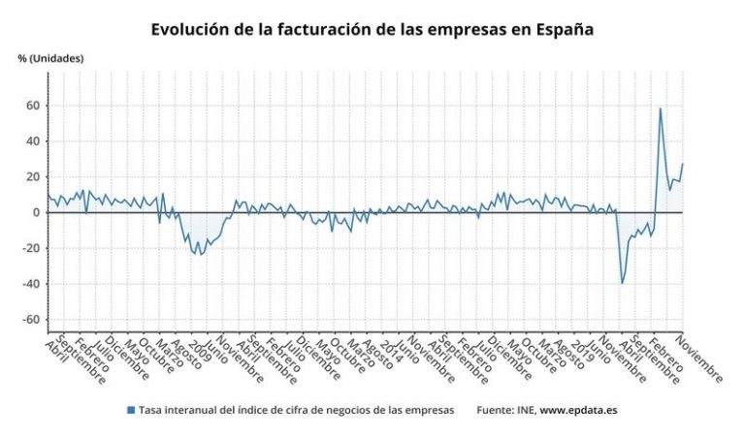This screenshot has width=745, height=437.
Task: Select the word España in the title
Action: (x=560, y=30)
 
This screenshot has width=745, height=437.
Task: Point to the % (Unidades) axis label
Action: (x=50, y=58)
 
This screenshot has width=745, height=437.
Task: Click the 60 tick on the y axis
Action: (x=31, y=106)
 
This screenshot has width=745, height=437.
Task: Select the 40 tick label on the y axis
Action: (x=31, y=141)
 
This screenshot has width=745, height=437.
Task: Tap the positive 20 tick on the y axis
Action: (x=31, y=177)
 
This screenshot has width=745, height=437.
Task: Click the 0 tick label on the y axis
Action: (x=35, y=213)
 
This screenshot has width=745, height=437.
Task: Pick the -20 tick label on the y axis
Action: (x=29, y=248)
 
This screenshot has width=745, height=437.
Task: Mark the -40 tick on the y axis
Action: (x=29, y=284)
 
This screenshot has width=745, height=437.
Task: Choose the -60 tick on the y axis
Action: (x=29, y=320)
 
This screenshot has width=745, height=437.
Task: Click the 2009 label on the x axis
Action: (x=202, y=351)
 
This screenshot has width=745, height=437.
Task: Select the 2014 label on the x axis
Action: (x=391, y=351)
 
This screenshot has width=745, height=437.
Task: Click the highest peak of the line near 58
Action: (x=661, y=109)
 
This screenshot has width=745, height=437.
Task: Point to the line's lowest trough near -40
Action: (x=622, y=283)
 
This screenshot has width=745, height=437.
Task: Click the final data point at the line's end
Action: (x=682, y=164)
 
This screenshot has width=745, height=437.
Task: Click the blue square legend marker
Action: (x=131, y=410)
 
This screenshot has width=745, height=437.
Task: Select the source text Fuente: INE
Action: (x=505, y=410)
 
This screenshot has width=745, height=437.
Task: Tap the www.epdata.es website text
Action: (x=578, y=410)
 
